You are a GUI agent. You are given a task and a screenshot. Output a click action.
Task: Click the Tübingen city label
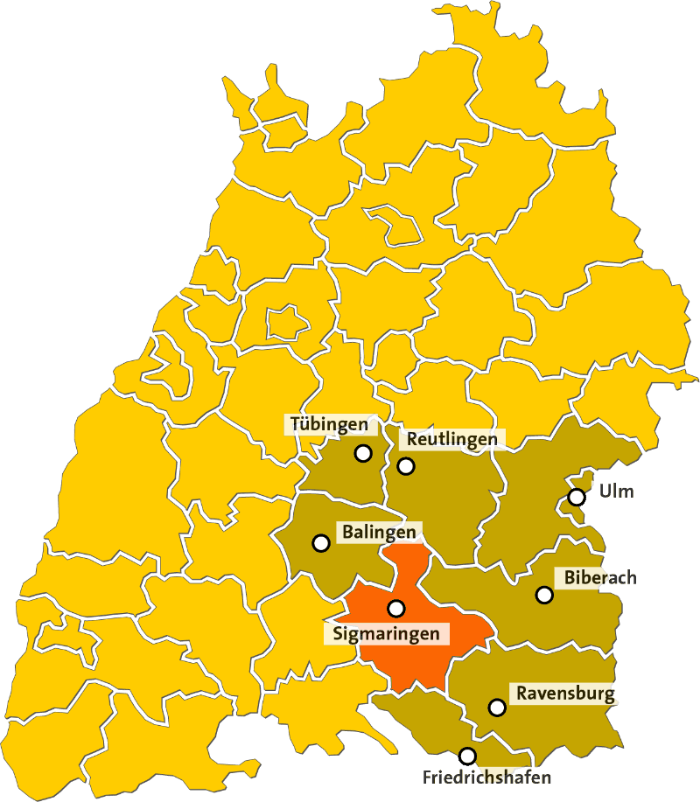point(328,425)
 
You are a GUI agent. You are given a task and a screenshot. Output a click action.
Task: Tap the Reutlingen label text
point(451,439)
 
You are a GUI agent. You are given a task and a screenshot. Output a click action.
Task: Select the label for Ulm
point(616,491)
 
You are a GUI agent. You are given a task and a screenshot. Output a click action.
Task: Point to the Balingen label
point(379,531)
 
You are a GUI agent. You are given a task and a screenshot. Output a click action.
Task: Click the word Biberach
point(600,577)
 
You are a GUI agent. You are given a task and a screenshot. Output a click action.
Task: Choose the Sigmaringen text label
point(386,633)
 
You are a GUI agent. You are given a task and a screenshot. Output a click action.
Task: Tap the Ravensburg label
point(565,694)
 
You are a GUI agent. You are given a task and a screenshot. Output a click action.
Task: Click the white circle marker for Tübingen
point(362,453)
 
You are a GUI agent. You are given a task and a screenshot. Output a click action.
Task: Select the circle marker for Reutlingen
point(406,466)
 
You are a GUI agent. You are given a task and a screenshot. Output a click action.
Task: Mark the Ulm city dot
point(576,497)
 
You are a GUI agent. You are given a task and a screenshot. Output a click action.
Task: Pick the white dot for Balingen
point(320,543)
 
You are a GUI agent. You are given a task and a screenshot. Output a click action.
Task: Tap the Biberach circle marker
point(544,595)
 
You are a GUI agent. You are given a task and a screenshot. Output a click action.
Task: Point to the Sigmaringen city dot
point(396,608)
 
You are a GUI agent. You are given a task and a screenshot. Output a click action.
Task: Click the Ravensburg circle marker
point(497,707)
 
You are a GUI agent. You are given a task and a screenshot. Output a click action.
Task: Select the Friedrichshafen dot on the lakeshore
point(467,756)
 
